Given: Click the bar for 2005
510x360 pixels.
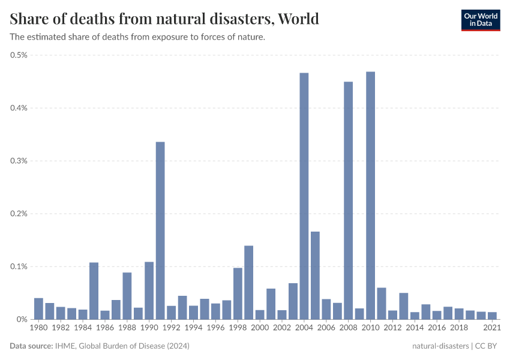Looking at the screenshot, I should (315, 275).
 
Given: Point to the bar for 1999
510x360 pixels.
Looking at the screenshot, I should (248, 283).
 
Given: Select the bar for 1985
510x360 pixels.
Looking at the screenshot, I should (94, 291).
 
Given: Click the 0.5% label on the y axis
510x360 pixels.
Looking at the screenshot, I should (19, 55).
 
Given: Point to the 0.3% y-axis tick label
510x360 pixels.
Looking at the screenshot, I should (19, 161).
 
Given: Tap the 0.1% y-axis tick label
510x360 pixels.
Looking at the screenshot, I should (19, 266).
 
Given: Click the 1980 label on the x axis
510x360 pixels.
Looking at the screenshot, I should (38, 328).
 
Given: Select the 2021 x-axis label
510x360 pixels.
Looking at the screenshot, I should (492, 328).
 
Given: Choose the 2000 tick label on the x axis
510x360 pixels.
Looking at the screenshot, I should (260, 328).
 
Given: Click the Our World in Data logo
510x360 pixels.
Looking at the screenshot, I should (480, 20).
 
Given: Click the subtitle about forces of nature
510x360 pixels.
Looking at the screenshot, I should (137, 37).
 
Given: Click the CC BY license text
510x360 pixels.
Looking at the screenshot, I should (487, 346).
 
